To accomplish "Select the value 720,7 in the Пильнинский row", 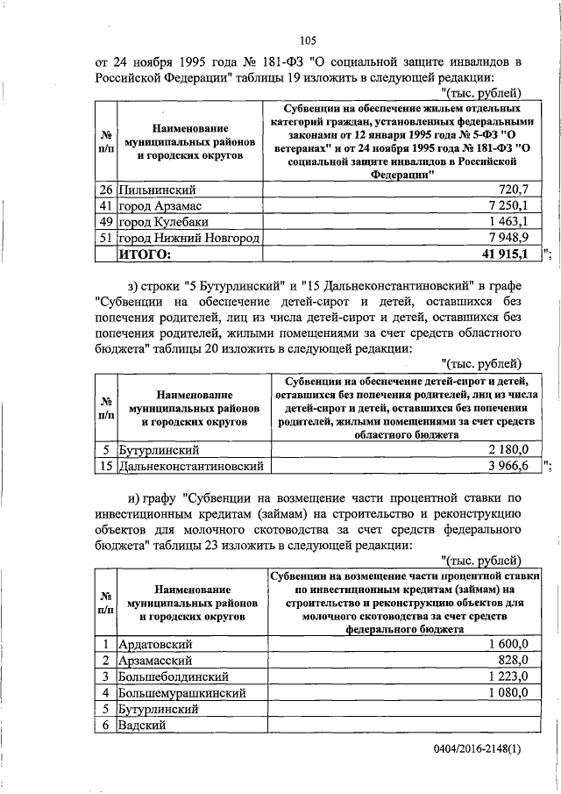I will [x=508, y=190].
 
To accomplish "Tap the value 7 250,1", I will [x=504, y=206].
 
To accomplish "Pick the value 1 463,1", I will [x=504, y=222].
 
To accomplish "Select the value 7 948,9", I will [x=504, y=239].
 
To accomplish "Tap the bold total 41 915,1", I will [x=500, y=255].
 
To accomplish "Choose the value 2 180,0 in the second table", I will [x=504, y=449].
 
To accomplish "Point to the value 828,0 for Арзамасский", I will [x=510, y=660].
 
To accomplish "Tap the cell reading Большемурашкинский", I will [x=180, y=692].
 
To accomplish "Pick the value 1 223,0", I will [x=504, y=676].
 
